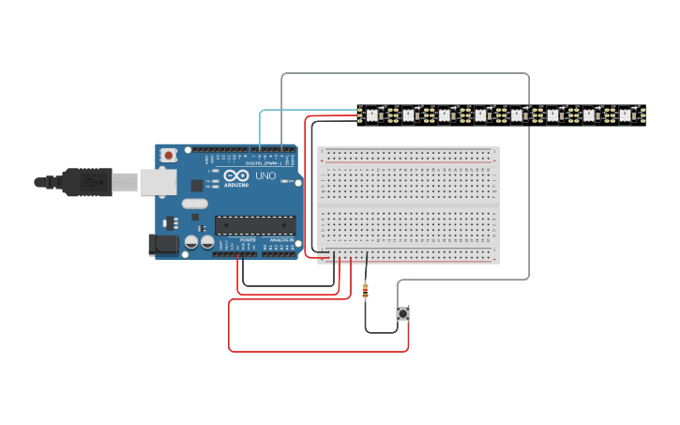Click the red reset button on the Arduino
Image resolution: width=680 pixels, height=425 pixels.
pyautogui.click(x=168, y=155)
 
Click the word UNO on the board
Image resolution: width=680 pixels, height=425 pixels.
pyautogui.click(x=265, y=175)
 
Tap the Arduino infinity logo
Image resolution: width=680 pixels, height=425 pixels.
pyautogui.click(x=229, y=175)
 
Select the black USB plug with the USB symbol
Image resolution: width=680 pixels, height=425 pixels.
pyautogui.click(x=88, y=182)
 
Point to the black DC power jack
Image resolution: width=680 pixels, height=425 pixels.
pyautogui.click(x=163, y=245)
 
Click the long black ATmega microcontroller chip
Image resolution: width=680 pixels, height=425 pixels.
pyautogui.click(x=255, y=225)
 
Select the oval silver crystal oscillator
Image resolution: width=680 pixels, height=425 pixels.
pyautogui.click(x=194, y=204)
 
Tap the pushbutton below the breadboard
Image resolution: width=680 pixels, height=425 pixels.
pyautogui.click(x=402, y=313)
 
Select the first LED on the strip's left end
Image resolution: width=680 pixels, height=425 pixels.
pyautogui.click(x=371, y=115)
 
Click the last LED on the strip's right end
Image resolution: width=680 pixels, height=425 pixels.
pyautogui.click(x=626, y=115)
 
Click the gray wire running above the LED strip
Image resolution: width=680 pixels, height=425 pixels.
pyautogui.click(x=403, y=73)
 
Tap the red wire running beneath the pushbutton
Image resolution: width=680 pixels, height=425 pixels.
pyautogui.click(x=319, y=351)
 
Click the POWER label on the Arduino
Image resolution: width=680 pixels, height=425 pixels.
pyautogui.click(x=248, y=240)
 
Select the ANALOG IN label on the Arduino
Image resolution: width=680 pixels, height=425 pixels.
pyautogui.click(x=281, y=240)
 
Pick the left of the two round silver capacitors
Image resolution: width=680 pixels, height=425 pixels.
pyautogui.click(x=191, y=242)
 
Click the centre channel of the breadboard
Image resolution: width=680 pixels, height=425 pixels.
pyautogui.click(x=408, y=205)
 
